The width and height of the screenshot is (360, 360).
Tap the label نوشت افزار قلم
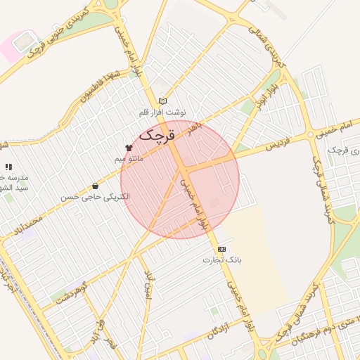click(162, 112)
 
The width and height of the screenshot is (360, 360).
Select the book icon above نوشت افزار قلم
click(163, 101)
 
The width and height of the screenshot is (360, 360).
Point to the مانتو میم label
click(129, 160)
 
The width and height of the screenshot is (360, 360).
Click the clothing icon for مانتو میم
click(128, 148)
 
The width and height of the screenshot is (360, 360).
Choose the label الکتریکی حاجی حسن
click(95, 198)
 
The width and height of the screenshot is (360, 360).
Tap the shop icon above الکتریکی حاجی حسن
click(95, 186)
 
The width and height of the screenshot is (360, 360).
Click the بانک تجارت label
click(222, 259)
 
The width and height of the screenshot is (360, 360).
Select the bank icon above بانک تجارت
click(222, 248)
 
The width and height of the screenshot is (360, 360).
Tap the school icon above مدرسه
click(8, 167)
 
